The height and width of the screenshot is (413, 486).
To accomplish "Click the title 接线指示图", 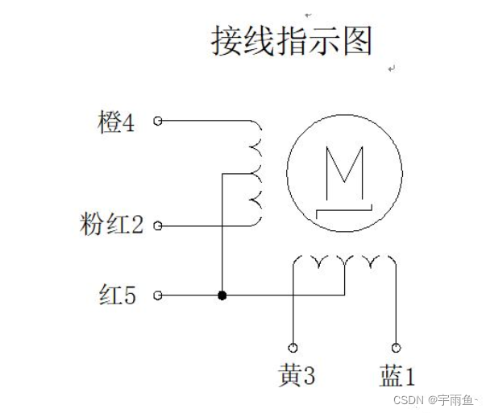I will (x=292, y=40).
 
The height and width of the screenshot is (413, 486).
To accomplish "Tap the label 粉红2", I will (x=112, y=225).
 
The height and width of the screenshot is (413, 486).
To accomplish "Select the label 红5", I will (x=118, y=295).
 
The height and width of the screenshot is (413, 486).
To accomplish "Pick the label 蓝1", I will (x=397, y=374).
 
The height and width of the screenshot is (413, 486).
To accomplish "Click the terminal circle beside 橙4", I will (x=158, y=121).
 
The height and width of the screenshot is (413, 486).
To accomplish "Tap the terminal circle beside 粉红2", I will (x=158, y=225).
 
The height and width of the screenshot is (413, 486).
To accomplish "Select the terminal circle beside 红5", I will (x=158, y=295).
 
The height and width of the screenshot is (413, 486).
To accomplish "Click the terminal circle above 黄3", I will (x=293, y=348).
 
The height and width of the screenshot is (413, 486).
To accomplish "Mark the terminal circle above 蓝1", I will (x=396, y=348).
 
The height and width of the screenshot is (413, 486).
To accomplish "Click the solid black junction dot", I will (x=222, y=295).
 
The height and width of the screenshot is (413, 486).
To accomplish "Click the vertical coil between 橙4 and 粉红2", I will (x=257, y=173).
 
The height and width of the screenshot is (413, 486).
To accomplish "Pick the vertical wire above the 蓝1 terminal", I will (x=396, y=306).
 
